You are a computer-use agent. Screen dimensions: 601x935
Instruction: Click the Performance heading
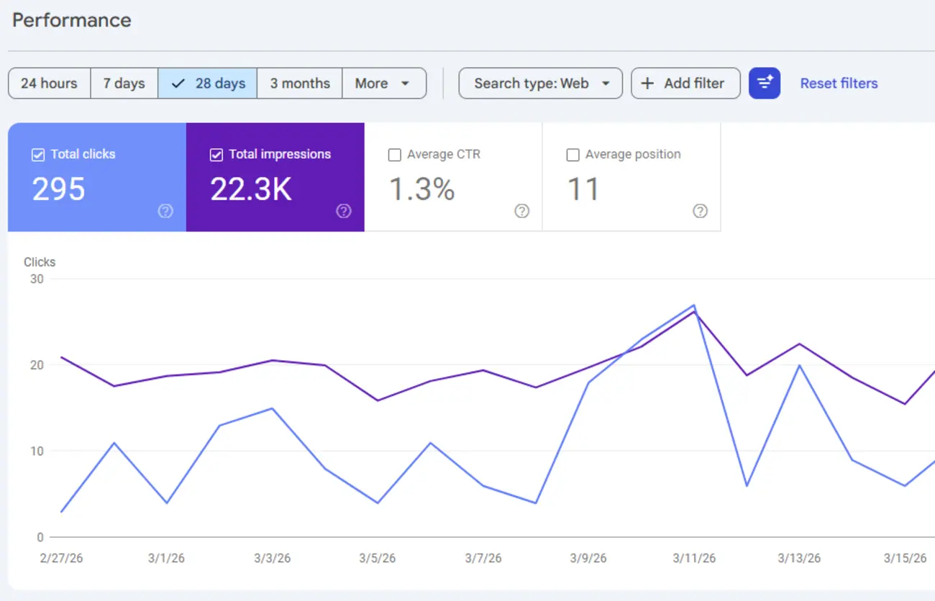pos(71,20)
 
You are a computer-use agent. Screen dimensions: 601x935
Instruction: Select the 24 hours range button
pos(49,83)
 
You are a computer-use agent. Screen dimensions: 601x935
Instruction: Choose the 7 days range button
pos(124,83)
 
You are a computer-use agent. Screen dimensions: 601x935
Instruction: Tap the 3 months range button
pos(300,83)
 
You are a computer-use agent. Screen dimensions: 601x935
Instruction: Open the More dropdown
pos(383,83)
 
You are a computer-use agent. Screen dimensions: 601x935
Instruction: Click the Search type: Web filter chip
pos(541,83)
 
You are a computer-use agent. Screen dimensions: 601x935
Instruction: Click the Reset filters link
pos(839,83)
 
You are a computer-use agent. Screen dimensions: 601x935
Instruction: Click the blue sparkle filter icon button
pos(764,83)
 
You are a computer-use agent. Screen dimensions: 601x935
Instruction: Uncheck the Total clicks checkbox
pos(38,155)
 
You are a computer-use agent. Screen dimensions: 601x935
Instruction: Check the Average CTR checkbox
pos(394,155)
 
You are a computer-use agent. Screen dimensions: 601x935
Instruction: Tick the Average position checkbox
pos(573,155)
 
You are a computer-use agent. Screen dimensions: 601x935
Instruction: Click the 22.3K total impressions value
pos(251,189)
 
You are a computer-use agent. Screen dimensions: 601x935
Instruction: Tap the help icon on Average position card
pos(700,211)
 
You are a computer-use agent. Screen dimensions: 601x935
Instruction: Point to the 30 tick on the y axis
pos(36,279)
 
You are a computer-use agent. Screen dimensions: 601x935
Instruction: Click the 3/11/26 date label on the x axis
pos(694,558)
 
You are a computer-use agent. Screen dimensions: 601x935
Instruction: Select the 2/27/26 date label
pos(61,558)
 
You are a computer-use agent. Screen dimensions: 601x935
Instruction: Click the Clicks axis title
pos(40,262)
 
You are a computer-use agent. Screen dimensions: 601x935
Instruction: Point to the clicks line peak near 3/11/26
pos(693,305)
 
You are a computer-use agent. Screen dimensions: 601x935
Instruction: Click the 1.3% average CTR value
pos(421,189)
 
